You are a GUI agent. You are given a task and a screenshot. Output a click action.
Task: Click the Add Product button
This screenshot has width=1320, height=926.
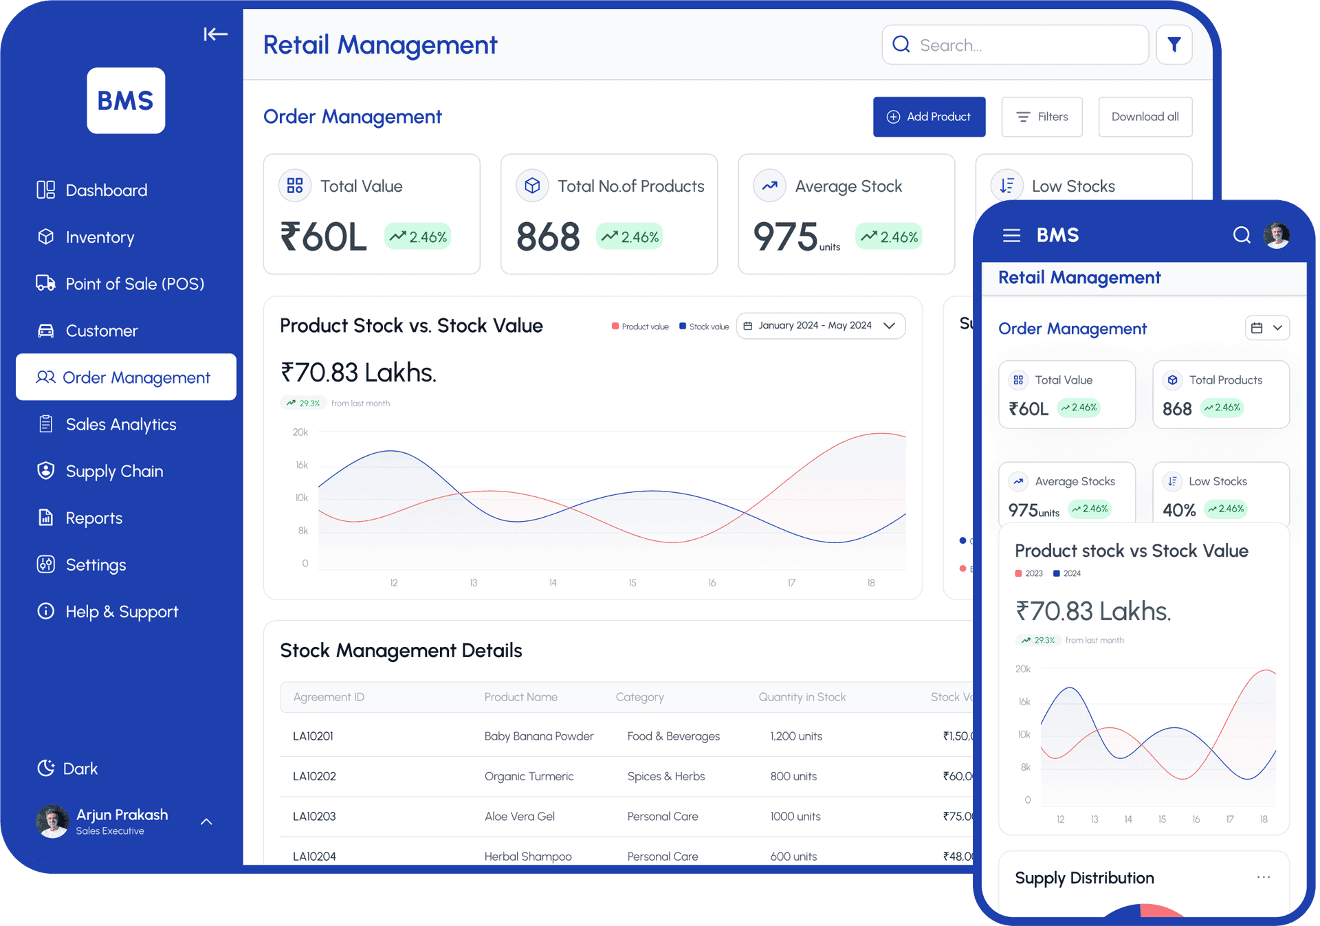pyautogui.click(x=929, y=117)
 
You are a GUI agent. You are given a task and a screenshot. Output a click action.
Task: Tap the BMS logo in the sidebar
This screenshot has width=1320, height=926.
pyautogui.click(x=126, y=100)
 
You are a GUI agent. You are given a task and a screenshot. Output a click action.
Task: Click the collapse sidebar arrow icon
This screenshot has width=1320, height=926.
pyautogui.click(x=215, y=34)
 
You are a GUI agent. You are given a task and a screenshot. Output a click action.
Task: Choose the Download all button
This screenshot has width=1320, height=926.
pyautogui.click(x=1145, y=117)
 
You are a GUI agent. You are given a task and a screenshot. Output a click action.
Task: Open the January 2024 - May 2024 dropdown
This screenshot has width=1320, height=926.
pyautogui.click(x=821, y=326)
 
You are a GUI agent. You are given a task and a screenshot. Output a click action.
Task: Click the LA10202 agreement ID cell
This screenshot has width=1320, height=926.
pyautogui.click(x=314, y=776)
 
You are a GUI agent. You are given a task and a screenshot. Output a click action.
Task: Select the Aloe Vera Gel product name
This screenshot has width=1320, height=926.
pyautogui.click(x=519, y=816)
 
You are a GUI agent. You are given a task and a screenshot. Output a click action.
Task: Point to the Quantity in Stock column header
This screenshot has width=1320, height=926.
pyautogui.click(x=802, y=697)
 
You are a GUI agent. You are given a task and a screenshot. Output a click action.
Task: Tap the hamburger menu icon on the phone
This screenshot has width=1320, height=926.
pyautogui.click(x=1011, y=236)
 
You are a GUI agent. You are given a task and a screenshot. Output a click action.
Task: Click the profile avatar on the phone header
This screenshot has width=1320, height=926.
pyautogui.click(x=1277, y=235)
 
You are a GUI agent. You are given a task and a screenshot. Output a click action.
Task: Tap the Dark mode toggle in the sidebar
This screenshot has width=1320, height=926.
pyautogui.click(x=67, y=768)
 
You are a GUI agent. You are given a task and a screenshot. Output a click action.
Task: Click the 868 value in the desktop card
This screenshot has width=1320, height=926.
pyautogui.click(x=548, y=237)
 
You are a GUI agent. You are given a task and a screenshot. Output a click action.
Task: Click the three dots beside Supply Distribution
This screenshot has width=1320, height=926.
pyautogui.click(x=1263, y=877)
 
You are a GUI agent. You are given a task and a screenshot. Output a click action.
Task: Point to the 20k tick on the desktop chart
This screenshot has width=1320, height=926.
pyautogui.click(x=300, y=432)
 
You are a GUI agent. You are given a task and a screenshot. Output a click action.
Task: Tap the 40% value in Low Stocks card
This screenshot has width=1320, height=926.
pyautogui.click(x=1178, y=510)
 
